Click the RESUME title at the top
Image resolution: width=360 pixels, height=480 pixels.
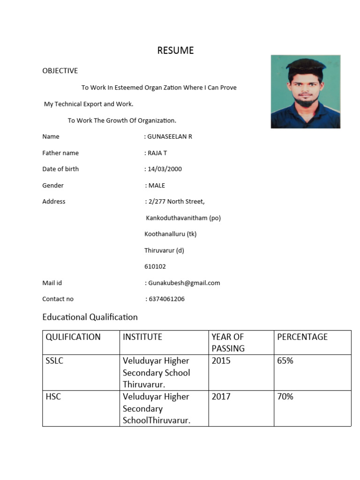tap(175, 51)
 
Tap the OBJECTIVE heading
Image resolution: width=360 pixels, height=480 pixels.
tap(60, 71)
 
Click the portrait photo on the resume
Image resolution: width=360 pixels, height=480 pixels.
tap(305, 92)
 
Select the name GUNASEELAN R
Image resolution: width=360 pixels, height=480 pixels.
tap(170, 136)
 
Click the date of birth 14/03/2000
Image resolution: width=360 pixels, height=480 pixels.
tap(165, 169)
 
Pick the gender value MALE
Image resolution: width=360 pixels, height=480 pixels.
tap(157, 185)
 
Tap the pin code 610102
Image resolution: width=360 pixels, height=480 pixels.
tap(155, 266)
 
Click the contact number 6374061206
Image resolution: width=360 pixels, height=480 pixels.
tap(166, 299)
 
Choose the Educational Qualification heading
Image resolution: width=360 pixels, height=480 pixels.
tap(90, 317)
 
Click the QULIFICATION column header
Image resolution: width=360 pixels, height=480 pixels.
tap(73, 337)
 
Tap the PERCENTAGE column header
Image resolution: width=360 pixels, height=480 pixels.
tap(302, 337)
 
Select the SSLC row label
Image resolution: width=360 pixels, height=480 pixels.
tap(54, 360)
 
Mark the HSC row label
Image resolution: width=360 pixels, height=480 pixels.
tap(53, 397)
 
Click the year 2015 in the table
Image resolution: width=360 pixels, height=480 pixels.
tap(221, 360)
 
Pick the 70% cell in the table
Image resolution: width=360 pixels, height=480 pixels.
tap(285, 397)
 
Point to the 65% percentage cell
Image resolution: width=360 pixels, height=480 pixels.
tap(285, 360)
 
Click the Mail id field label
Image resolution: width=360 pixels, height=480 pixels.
tap(52, 283)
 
